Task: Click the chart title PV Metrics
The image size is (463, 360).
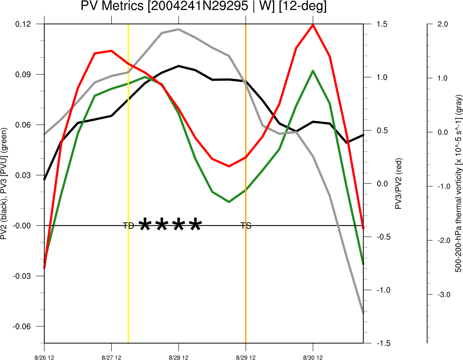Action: tap(204, 7)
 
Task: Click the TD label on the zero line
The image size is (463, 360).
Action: tap(128, 226)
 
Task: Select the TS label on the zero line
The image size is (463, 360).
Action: tap(246, 226)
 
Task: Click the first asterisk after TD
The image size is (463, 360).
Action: tap(144, 225)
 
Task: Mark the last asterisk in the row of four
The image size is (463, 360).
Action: tap(195, 225)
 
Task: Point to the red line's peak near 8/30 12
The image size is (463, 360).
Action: tap(313, 25)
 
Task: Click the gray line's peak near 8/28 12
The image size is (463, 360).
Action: tap(179, 29)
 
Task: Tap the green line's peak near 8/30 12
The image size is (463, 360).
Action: tap(313, 71)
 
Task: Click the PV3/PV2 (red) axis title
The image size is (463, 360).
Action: tap(399, 184)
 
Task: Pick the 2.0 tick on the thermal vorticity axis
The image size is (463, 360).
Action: tap(443, 24)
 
